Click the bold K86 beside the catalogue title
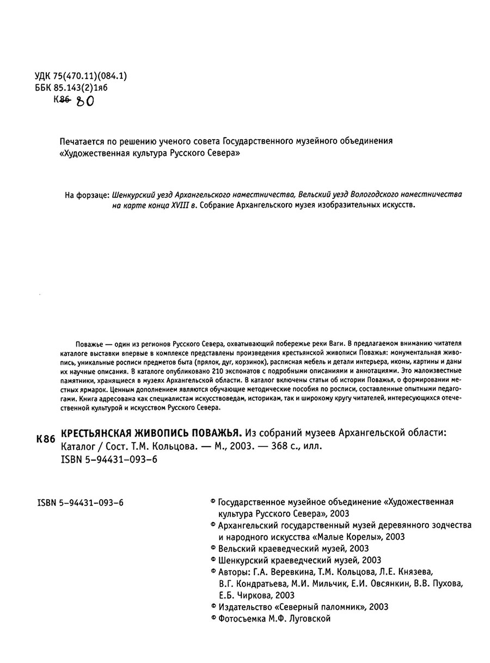click(45, 439)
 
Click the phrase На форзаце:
click(87, 194)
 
